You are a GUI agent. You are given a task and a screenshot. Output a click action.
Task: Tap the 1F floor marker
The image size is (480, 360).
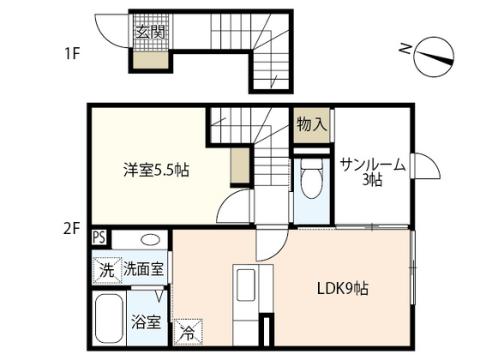(71, 53)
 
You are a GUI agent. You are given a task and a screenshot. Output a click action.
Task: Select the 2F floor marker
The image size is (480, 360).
(71, 229)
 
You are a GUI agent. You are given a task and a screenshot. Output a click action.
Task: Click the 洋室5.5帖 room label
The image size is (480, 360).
(154, 171)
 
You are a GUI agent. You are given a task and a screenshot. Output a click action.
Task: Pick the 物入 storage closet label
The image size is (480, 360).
(312, 123)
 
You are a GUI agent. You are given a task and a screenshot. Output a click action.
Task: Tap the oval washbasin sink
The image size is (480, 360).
(151, 240)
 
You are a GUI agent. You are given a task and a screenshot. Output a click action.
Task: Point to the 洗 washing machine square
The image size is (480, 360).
(105, 268)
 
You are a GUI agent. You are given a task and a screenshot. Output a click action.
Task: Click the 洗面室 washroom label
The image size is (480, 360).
(144, 269)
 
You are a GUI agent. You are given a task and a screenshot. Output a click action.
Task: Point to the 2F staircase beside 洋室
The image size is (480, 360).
(257, 146)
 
